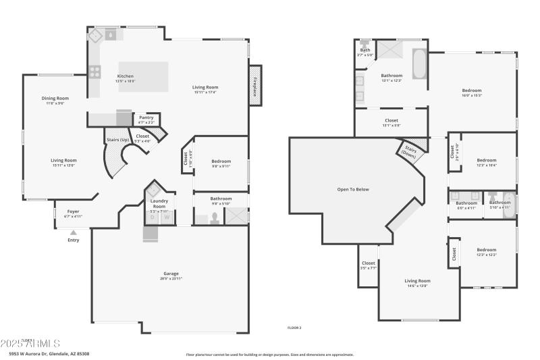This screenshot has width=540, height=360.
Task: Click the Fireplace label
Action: click(x=255, y=86)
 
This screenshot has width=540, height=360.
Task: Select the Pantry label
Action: click(x=146, y=118)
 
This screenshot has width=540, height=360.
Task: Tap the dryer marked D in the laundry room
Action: click(x=153, y=217)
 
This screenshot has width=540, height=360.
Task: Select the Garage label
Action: click(x=171, y=274)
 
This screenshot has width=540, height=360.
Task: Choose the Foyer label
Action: click(x=72, y=211)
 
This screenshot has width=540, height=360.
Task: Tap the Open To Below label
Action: click(x=353, y=189)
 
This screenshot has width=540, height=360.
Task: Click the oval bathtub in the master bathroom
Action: click(x=418, y=65)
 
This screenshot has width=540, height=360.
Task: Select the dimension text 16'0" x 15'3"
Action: click(x=472, y=95)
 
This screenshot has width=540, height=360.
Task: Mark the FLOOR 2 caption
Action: click(x=294, y=327)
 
